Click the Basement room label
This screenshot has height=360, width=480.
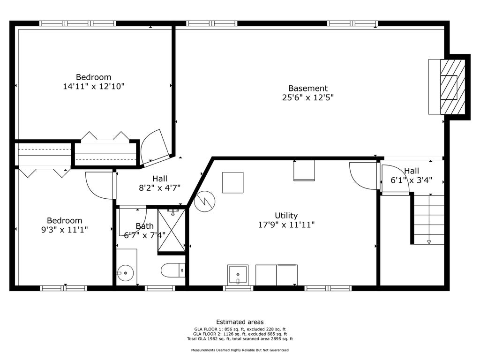coord(308,88)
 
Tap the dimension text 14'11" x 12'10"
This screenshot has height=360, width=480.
coord(94,86)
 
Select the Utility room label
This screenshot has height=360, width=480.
coord(286,216)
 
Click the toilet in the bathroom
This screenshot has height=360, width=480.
coord(173,270)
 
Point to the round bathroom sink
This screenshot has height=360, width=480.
coord(126,273)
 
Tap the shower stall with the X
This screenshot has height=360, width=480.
coord(172,230)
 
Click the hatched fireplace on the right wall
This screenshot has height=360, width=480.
coord(453,87)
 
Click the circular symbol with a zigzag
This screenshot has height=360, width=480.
coord(205,201)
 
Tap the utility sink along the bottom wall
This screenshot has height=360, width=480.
coord(238,275)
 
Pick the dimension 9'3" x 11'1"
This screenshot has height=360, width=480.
coord(65,230)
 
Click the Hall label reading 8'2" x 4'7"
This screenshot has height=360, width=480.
coord(160,183)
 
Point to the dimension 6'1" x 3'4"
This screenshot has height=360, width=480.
coord(412,180)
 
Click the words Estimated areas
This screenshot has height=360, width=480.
coord(240,322)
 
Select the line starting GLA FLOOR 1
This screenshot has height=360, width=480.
coord(240,330)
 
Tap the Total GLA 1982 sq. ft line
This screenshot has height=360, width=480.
coord(240,339)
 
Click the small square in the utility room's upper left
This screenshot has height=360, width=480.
coord(232,182)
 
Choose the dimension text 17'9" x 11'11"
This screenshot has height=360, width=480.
coord(286,225)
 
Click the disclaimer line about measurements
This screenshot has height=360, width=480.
coord(240,350)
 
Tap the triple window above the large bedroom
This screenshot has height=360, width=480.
coord(78,23)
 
